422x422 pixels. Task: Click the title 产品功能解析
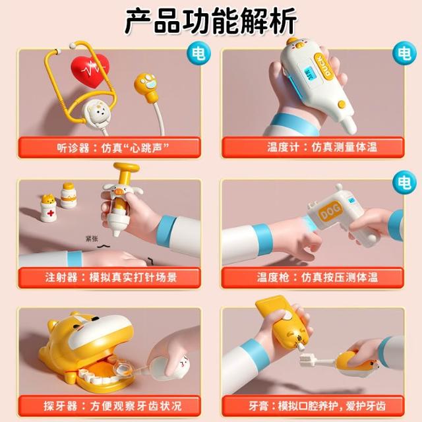pyautogui.click(x=211, y=21)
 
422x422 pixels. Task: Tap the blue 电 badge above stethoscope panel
pyautogui.click(x=198, y=53)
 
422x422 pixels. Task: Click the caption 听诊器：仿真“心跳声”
pyautogui.click(x=113, y=148)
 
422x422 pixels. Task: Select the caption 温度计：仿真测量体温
pyautogui.click(x=322, y=147)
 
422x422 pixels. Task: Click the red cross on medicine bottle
pyautogui.click(x=50, y=214)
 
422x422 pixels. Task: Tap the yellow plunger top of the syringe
pyautogui.click(x=126, y=167)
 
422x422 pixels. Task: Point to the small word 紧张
pyautogui.click(x=92, y=239)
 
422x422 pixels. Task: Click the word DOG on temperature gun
pyautogui.click(x=330, y=211)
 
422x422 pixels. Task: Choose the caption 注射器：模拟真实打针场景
pyautogui.click(x=111, y=277)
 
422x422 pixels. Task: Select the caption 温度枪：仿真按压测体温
pyautogui.click(x=317, y=277)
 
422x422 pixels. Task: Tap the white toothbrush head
pyautogui.click(x=307, y=361)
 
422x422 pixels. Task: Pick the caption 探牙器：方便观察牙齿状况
pyautogui.click(x=113, y=406)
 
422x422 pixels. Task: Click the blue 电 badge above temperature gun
pyautogui.click(x=404, y=182)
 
